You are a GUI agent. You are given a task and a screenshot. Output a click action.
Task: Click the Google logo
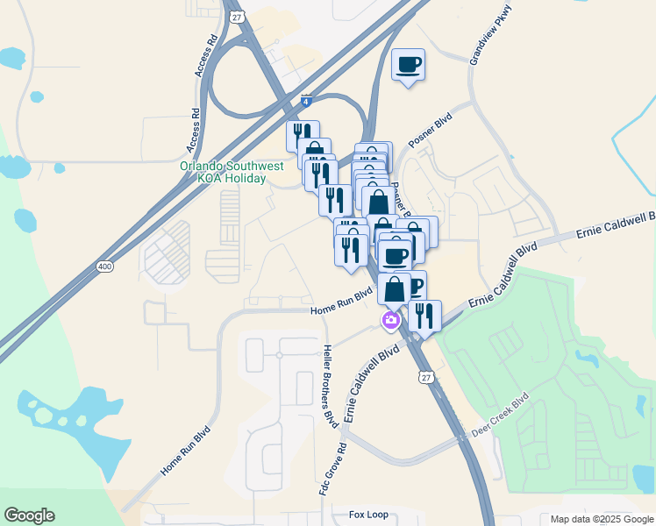[x=29, y=515]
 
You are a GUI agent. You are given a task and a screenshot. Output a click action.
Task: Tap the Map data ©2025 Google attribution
[x=601, y=519]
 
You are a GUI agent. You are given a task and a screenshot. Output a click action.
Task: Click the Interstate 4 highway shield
[x=305, y=101]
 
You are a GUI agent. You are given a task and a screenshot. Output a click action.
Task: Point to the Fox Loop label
[x=368, y=515]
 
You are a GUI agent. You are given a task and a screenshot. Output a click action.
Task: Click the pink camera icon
[x=390, y=321]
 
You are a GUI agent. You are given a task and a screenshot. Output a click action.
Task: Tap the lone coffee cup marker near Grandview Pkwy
[x=409, y=65]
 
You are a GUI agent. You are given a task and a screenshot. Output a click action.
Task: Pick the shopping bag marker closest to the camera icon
[x=395, y=288]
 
